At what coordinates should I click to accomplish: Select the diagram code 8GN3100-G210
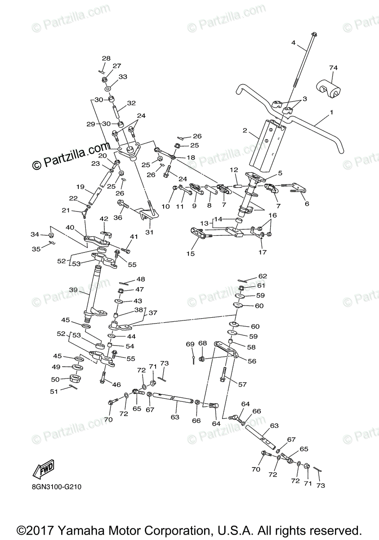[x=57, y=486]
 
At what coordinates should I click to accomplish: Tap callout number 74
[x=333, y=68]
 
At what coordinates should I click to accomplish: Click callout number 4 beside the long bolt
[x=293, y=43]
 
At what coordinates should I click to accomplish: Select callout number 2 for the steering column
[x=245, y=130]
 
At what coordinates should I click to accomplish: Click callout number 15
[x=191, y=254]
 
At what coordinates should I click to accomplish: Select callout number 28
[x=106, y=58]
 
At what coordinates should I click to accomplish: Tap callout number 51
[x=54, y=391]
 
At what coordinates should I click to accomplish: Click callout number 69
[x=190, y=344]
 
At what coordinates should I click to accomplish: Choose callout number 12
[x=234, y=170]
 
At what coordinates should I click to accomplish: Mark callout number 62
[x=263, y=276]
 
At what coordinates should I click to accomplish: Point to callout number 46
[x=117, y=385]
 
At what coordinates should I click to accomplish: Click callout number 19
[x=80, y=187]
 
